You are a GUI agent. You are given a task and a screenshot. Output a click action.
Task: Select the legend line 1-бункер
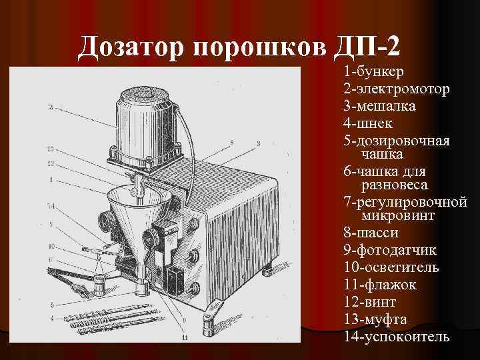pos(377,71)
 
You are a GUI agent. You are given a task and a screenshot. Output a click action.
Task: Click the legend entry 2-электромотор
pos(397,89)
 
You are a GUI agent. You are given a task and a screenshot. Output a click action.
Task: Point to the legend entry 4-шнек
pos(369,123)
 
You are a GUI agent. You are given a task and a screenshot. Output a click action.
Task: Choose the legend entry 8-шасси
pos(371,233)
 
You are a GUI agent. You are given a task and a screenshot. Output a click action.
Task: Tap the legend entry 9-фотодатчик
pos(391,250)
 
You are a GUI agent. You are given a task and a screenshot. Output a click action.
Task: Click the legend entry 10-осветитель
pos(391,267)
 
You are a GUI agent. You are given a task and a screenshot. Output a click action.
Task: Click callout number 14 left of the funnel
pos(51,205)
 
